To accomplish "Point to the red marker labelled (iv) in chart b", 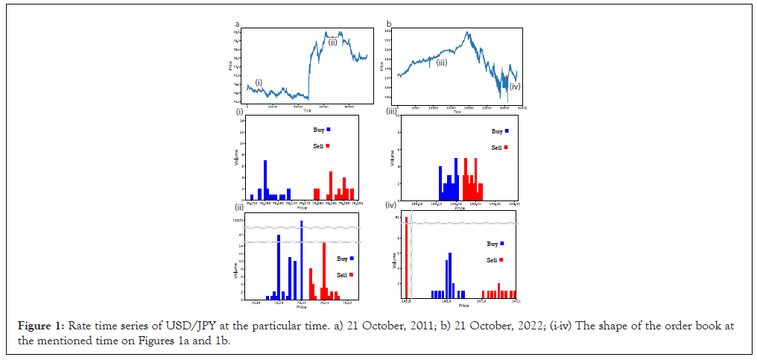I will coord(507,78).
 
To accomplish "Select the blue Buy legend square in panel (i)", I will coord(328,130).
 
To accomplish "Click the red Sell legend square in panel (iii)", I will coord(507,148).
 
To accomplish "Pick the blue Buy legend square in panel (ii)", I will coord(351,259).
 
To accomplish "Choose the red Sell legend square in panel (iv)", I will coord(501,259).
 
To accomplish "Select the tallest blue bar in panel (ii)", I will coord(302,260).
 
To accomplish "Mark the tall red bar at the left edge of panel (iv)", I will coord(406,257).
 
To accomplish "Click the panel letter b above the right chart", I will coord(388,25).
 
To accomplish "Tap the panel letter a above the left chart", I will coord(237,25).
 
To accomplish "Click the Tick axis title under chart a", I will coord(306,110).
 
